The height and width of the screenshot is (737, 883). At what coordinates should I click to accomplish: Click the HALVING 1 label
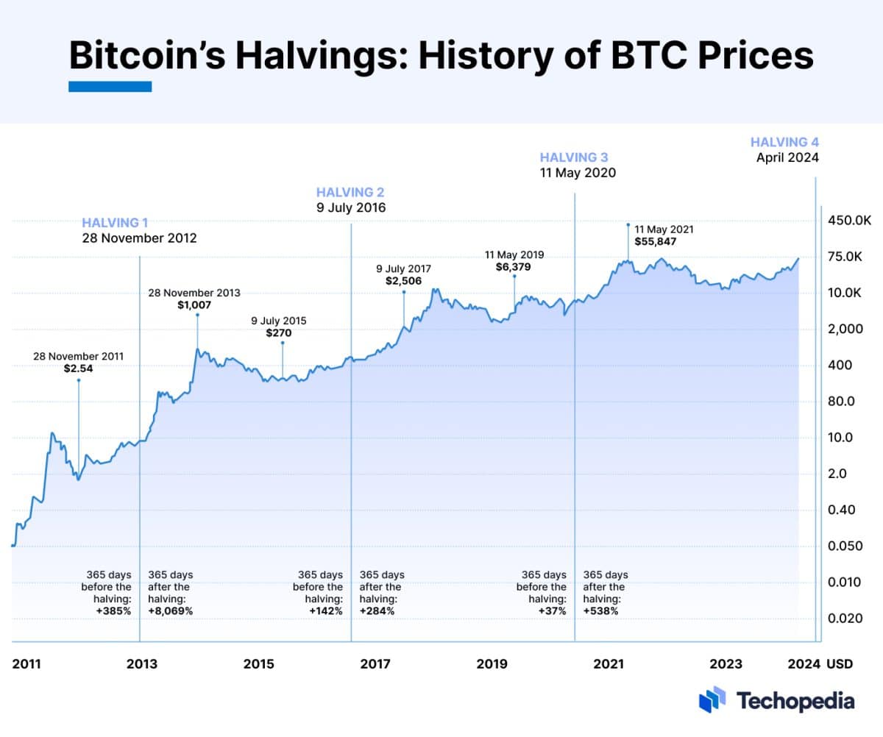[x=115, y=222]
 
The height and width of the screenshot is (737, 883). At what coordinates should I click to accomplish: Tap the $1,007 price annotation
[x=194, y=305]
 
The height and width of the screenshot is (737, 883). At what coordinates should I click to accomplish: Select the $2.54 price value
[x=78, y=369]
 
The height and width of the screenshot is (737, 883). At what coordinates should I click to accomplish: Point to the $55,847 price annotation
[x=655, y=241]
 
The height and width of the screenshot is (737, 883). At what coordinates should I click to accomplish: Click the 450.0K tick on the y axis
[x=849, y=221]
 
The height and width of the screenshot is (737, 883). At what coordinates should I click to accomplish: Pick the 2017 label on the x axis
[x=375, y=664]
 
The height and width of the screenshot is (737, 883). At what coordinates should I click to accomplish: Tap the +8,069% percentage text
[x=171, y=611]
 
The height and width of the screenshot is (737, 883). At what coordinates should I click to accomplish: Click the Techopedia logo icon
[x=712, y=699]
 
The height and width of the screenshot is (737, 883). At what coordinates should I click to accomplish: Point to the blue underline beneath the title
[x=110, y=87]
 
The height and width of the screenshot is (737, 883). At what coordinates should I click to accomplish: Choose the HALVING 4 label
[x=784, y=142]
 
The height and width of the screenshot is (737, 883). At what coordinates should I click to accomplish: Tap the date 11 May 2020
[x=578, y=174]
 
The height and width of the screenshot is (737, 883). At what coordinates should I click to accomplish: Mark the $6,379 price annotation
[x=514, y=268]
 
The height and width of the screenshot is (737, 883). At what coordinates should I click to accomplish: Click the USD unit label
[x=840, y=664]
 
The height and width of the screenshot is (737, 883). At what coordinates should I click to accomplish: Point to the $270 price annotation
[x=279, y=333]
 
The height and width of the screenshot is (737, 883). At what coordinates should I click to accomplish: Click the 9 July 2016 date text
[x=351, y=208]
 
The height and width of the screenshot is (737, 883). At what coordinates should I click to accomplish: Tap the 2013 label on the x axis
[x=141, y=664]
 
